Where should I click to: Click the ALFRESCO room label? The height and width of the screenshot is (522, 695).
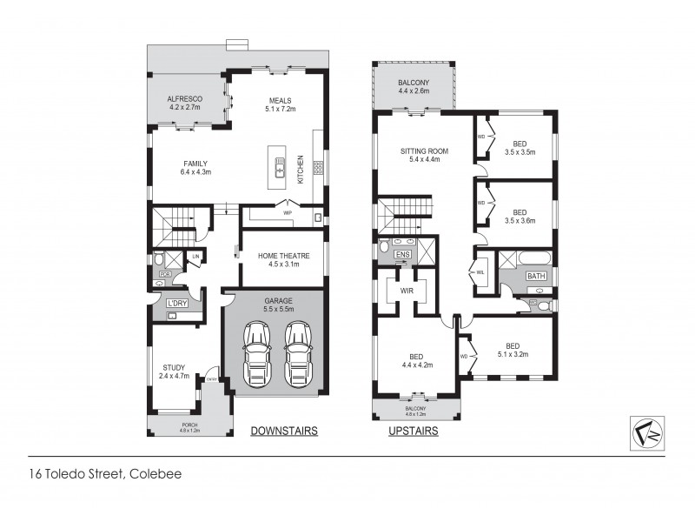(x=184, y=104)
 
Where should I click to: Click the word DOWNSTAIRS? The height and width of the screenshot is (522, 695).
(x=283, y=431)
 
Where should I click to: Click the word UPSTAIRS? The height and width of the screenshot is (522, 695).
(x=414, y=431)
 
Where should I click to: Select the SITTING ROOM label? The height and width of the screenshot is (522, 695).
(x=421, y=155)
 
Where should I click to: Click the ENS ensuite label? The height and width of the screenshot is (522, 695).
(x=402, y=254)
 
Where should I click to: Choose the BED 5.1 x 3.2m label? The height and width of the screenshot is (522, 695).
(x=512, y=350)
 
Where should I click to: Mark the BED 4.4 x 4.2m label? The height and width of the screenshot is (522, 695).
(x=414, y=360)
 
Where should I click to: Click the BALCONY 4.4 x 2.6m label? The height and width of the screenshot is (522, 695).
(x=414, y=87)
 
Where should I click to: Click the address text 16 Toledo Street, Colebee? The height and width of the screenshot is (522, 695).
(x=105, y=474)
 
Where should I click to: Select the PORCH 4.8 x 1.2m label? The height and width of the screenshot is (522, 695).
(x=189, y=427)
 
